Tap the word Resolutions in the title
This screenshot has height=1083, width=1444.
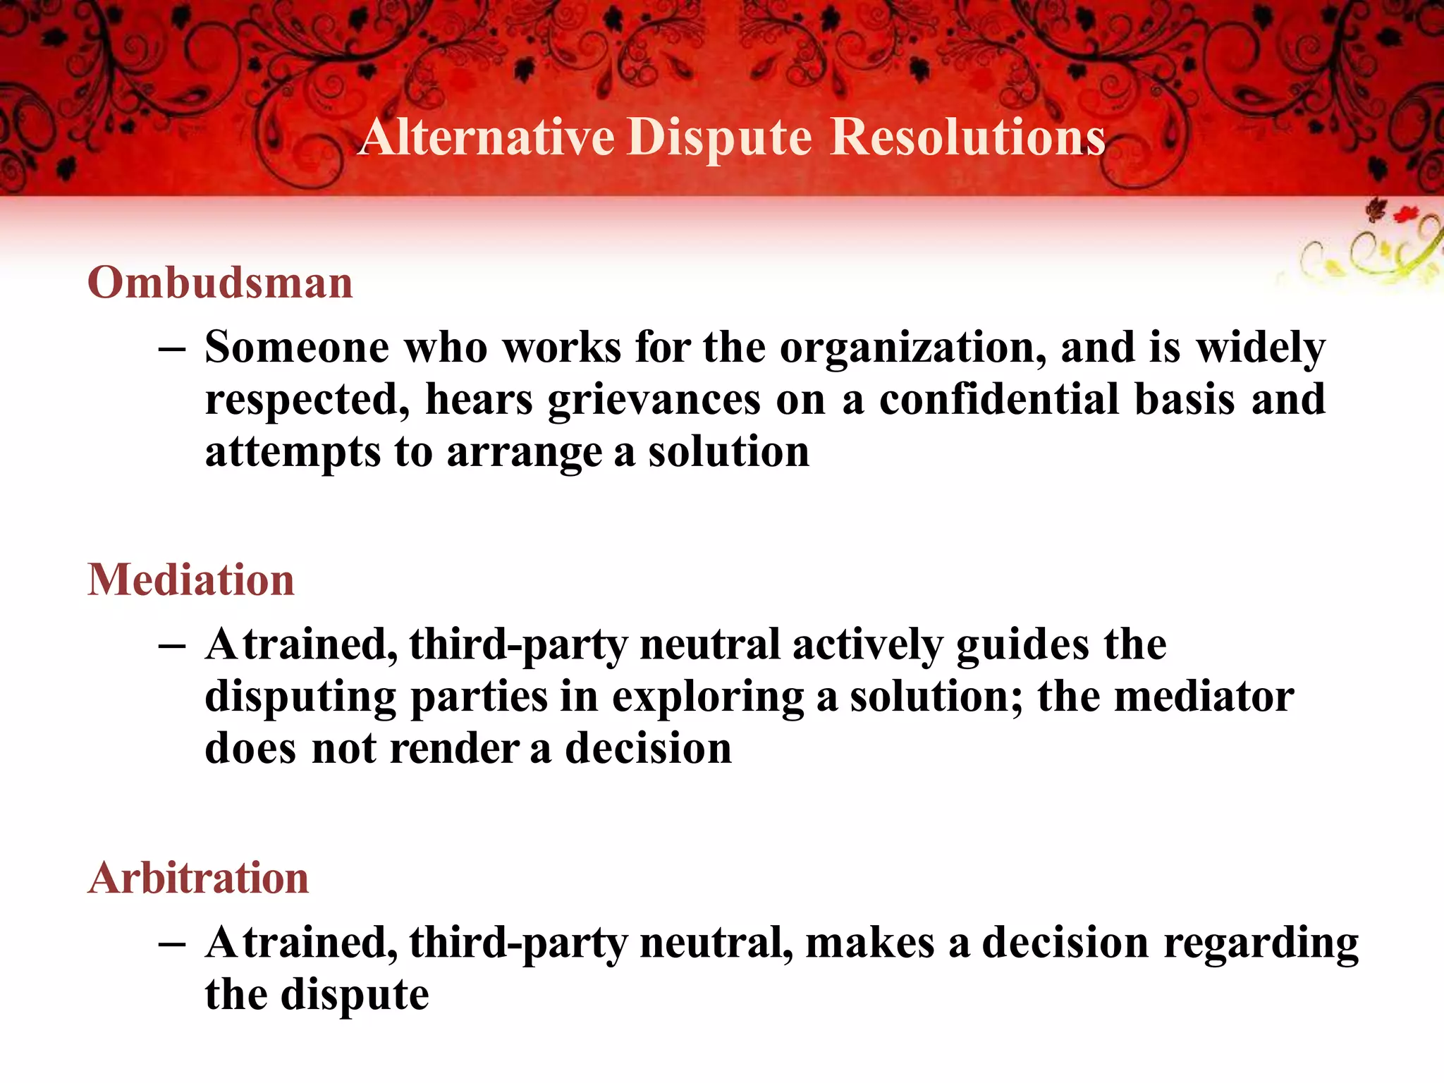tap(967, 137)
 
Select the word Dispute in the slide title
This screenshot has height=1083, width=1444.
tap(719, 137)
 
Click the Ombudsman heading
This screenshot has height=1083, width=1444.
tap(220, 283)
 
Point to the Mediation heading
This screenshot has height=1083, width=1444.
tap(191, 580)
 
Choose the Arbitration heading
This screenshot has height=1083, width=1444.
tap(199, 879)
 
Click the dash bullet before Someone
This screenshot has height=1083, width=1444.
tap(172, 349)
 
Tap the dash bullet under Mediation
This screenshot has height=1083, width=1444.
tap(172, 646)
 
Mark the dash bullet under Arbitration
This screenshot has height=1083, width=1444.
tap(172, 944)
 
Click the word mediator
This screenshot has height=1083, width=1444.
tap(1204, 697)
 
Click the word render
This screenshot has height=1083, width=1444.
tap(454, 749)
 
